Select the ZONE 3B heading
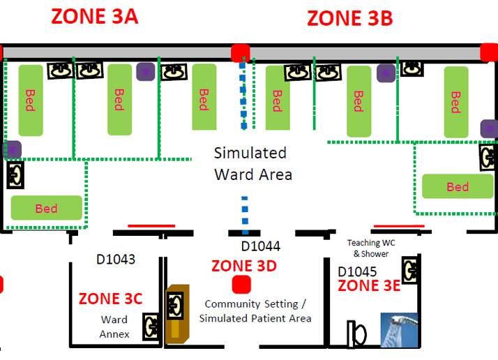tap(350, 18)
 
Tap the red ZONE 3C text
tap(110, 299)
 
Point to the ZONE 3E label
tap(370, 285)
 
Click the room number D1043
tap(116, 260)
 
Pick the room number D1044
tap(260, 246)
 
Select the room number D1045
tap(357, 271)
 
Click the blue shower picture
tap(399, 330)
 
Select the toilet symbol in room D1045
tap(357, 333)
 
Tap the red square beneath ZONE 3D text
tap(241, 285)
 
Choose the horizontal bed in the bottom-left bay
tap(46, 208)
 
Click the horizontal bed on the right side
tap(458, 186)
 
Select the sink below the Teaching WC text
tap(411, 269)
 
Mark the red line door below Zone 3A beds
tap(151, 225)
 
